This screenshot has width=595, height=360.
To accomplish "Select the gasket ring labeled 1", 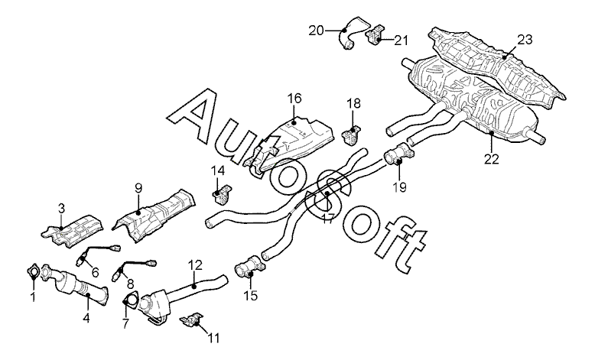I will click(34, 271).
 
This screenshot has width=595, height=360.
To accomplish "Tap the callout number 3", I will click(62, 207).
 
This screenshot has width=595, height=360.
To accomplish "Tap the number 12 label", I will click(195, 265).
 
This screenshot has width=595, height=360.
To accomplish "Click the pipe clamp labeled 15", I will click(250, 268).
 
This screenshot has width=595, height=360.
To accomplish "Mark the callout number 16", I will click(294, 98).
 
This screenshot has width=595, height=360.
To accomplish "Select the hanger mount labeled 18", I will click(353, 135).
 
